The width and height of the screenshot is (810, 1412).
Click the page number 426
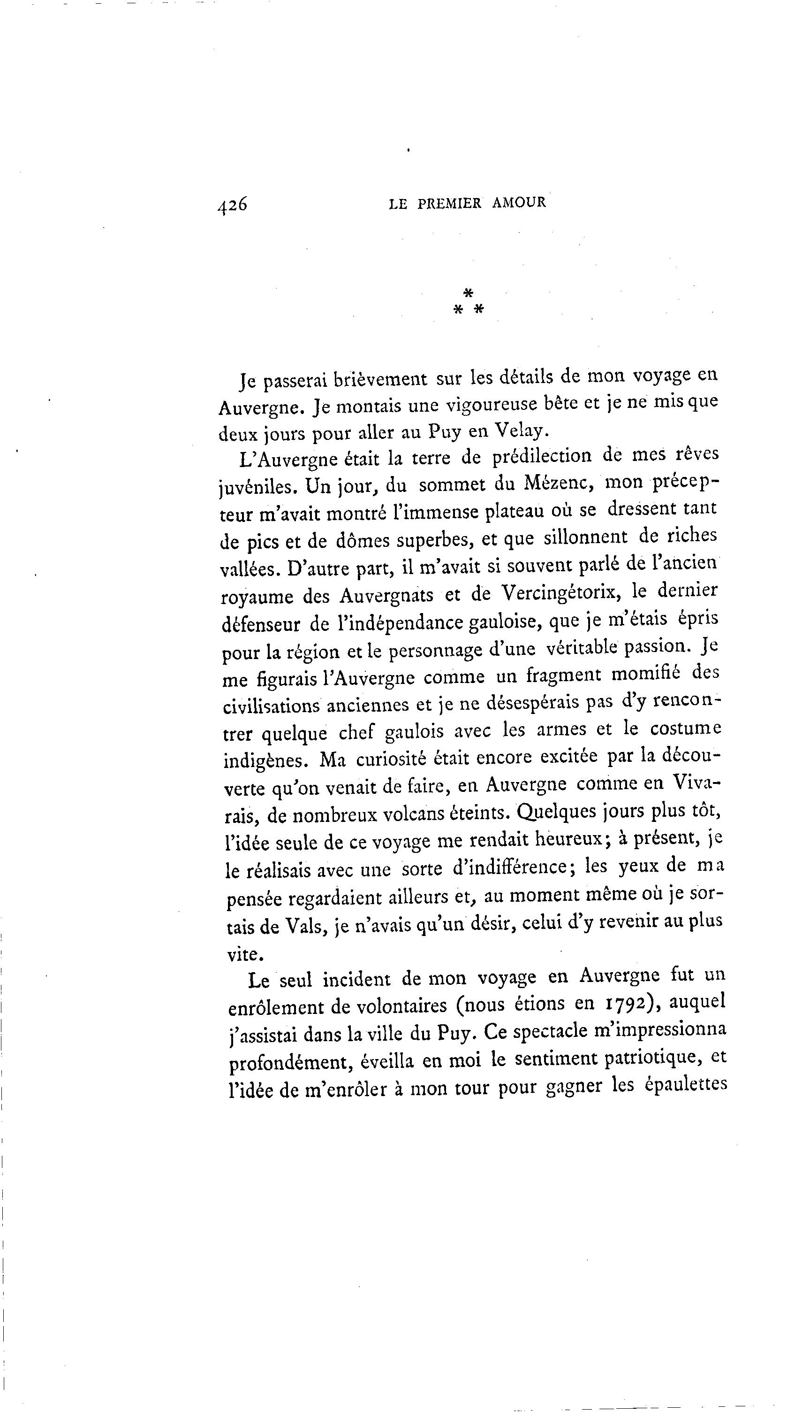(233, 206)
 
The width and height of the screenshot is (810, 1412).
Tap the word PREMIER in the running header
(449, 204)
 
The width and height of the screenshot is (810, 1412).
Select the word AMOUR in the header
(519, 203)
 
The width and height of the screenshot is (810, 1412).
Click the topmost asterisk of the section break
(469, 293)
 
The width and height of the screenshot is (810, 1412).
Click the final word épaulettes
(685, 1085)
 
